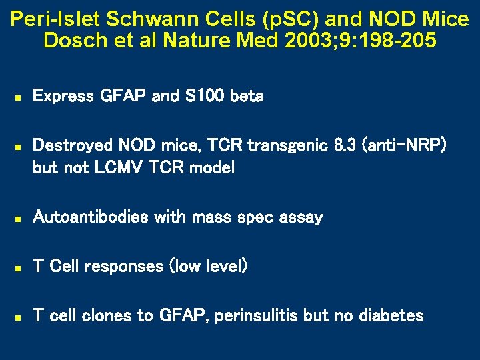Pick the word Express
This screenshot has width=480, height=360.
pos(63,97)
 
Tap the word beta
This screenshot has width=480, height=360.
pos(246,97)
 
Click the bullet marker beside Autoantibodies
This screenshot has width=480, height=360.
pos(19,218)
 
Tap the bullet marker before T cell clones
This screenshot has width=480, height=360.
pos(19,317)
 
